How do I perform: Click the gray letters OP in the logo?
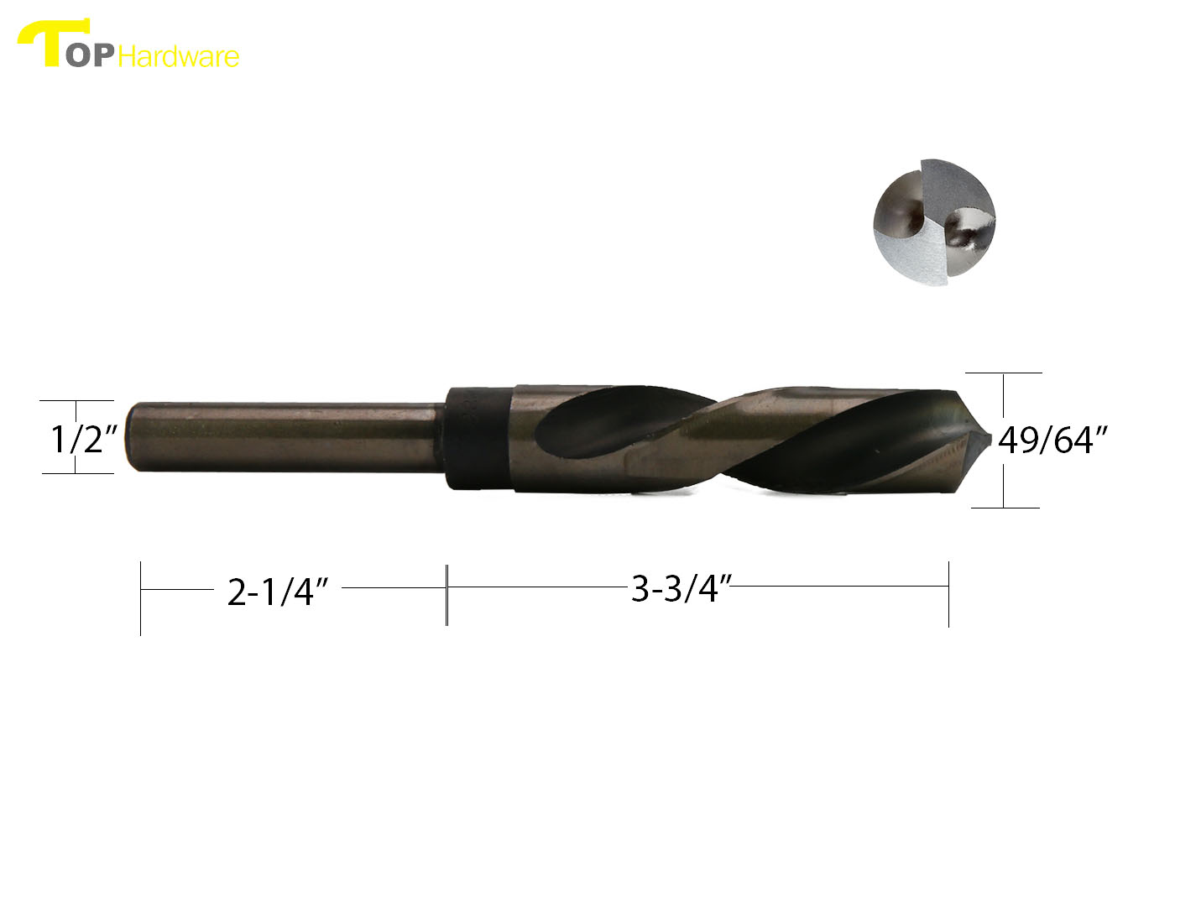[91, 56]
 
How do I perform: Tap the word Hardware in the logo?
[179, 56]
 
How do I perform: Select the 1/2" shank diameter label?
[82, 438]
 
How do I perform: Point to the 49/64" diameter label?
[1052, 440]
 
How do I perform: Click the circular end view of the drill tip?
[934, 222]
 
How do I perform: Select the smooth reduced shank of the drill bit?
[285, 437]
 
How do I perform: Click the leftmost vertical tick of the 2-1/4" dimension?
[140, 597]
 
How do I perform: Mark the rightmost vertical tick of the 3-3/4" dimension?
[948, 594]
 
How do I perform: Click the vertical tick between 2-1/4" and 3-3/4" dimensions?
[447, 594]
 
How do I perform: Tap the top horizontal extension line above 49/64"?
[1004, 373]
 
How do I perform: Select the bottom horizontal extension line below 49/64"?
[1005, 507]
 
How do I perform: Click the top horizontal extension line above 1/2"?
[77, 401]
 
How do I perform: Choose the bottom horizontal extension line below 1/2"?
[77, 473]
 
